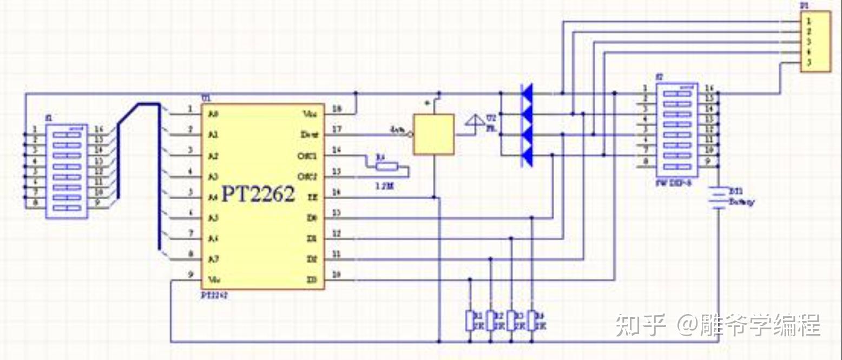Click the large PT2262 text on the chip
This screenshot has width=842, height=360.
pyautogui.click(x=258, y=194)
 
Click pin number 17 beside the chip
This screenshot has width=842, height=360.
pyautogui.click(x=337, y=130)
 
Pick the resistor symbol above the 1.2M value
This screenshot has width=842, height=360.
pyautogui.click(x=386, y=166)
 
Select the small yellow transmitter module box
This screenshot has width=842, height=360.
pyautogui.click(x=433, y=135)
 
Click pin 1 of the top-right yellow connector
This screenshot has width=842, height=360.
pyautogui.click(x=808, y=21)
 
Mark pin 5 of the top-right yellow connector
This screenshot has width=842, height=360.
pyautogui.click(x=808, y=63)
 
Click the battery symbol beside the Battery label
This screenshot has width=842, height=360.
pyautogui.click(x=718, y=198)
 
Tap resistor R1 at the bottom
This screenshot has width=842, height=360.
pyautogui.click(x=470, y=319)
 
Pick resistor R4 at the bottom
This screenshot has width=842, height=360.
pyautogui.click(x=532, y=319)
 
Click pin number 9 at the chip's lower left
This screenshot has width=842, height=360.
pyautogui.click(x=190, y=274)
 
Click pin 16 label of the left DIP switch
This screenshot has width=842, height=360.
pyautogui.click(x=98, y=129)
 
